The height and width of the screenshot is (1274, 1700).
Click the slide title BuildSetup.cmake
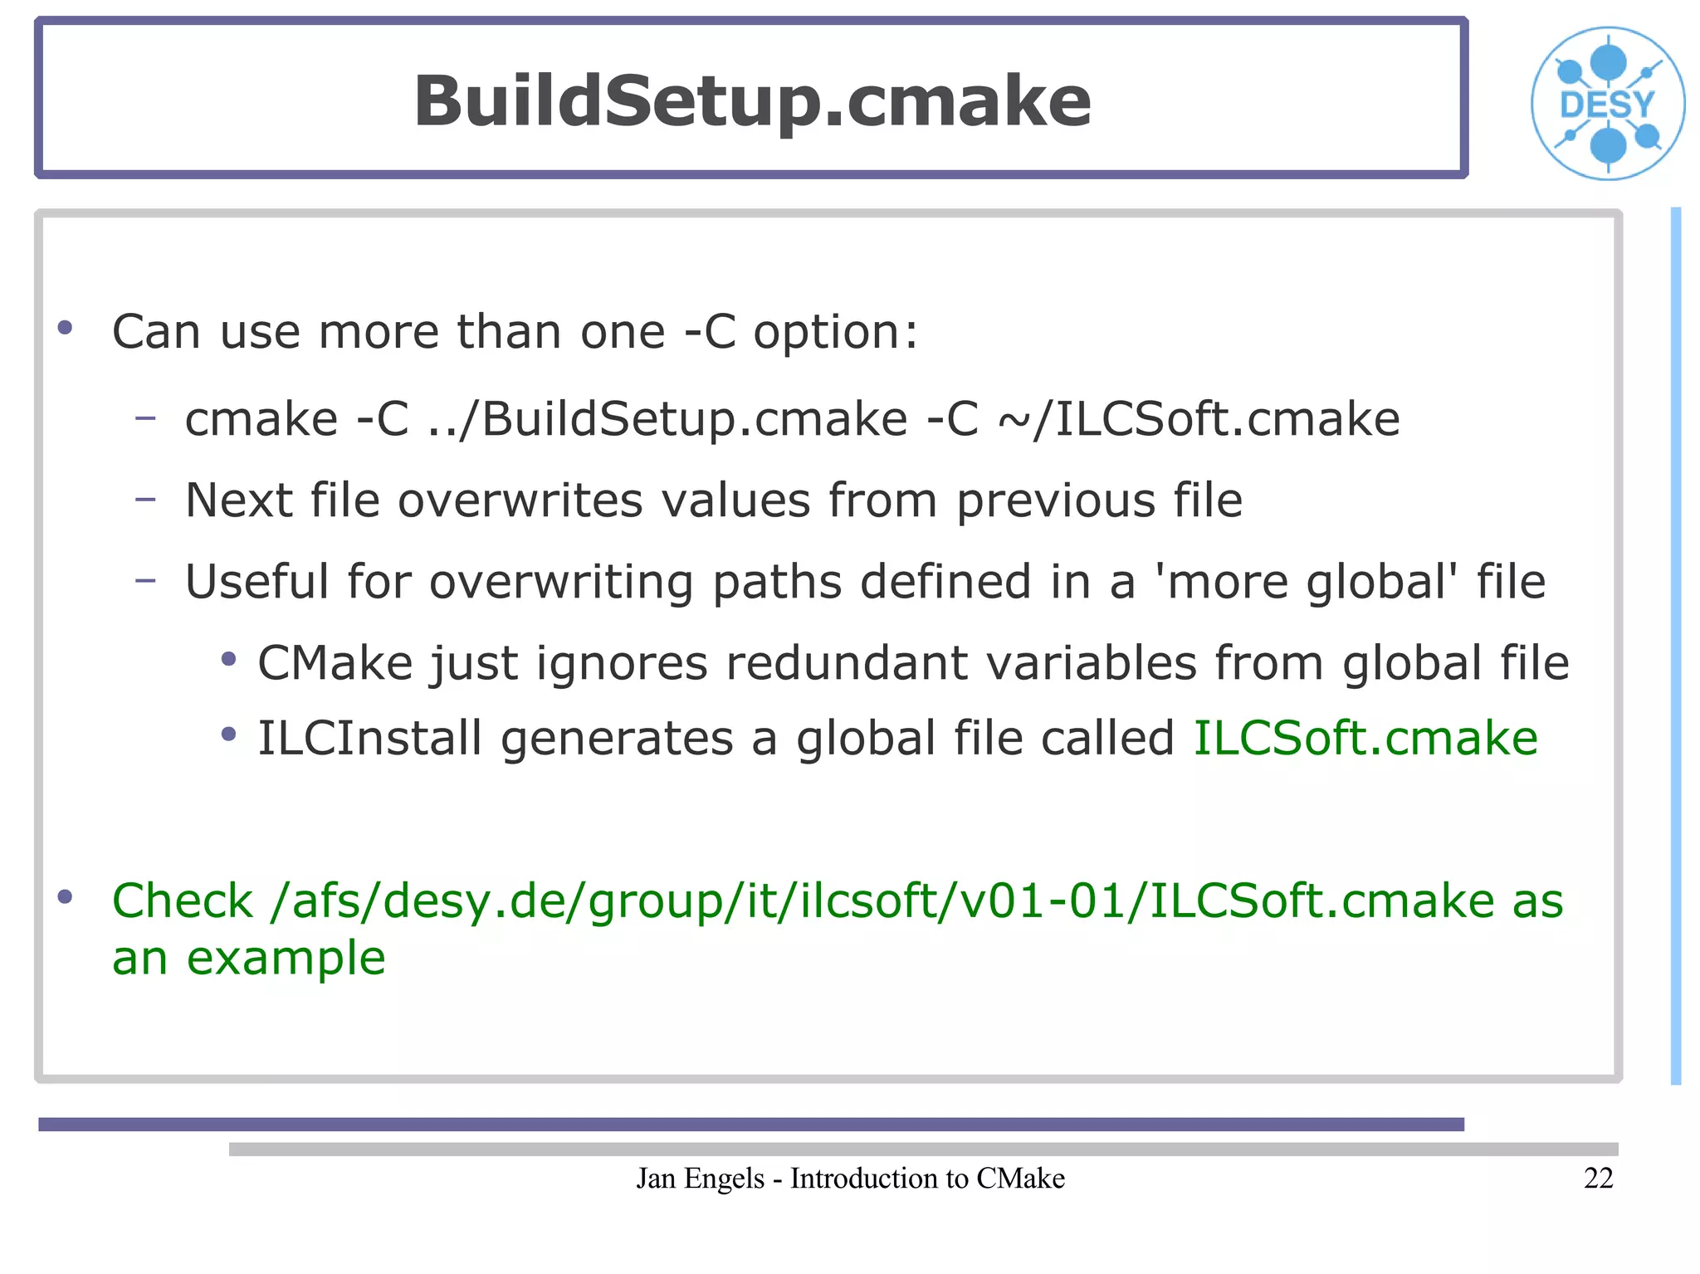(x=752, y=100)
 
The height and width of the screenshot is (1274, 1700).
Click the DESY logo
(x=1608, y=104)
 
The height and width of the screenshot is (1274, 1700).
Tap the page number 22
(x=1598, y=1178)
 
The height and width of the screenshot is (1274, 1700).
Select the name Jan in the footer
(x=655, y=1178)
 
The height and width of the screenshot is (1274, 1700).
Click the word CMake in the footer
(x=1020, y=1178)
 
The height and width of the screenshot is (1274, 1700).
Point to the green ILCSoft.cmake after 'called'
(x=1365, y=738)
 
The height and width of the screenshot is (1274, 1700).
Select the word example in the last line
(x=286, y=958)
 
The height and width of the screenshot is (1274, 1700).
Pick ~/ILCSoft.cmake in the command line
(x=1199, y=418)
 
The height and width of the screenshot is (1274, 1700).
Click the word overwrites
(x=520, y=500)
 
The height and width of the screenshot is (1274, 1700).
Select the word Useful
(x=256, y=581)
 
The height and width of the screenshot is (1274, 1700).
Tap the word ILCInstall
(x=369, y=738)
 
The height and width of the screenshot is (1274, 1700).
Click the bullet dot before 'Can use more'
(x=65, y=328)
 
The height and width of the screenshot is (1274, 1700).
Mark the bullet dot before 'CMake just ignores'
(x=229, y=660)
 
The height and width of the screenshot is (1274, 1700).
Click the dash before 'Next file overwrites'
(x=145, y=499)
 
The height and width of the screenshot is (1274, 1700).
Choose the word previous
(x=1055, y=500)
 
